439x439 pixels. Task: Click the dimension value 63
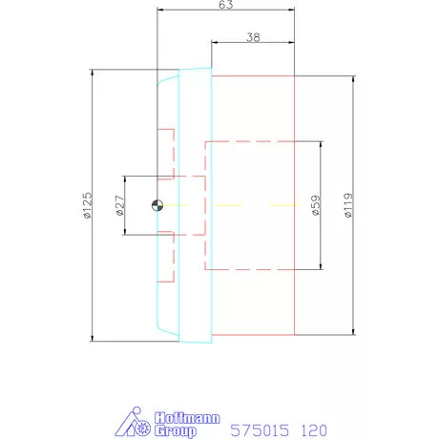[226, 5]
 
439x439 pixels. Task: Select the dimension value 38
[253, 37]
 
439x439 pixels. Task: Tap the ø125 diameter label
[87, 205]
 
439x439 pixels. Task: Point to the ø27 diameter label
[119, 205]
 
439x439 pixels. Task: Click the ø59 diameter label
[316, 205]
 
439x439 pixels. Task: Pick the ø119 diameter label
[348, 205]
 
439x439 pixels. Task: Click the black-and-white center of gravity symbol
[157, 205]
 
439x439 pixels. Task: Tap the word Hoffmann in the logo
[187, 418]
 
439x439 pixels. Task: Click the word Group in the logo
[176, 431]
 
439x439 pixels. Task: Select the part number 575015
[260, 430]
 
